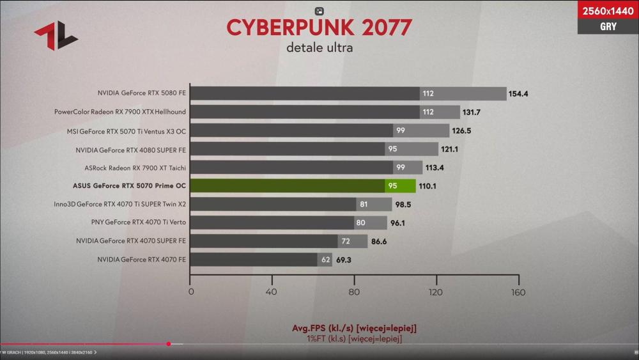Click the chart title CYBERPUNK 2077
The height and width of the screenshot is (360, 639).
pyautogui.click(x=319, y=27)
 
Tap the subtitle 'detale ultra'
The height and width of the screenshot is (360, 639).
pyautogui.click(x=319, y=47)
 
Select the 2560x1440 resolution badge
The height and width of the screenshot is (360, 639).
pyautogui.click(x=608, y=10)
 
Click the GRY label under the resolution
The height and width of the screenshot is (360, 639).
pyautogui.click(x=608, y=26)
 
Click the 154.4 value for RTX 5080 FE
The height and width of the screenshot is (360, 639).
pyautogui.click(x=518, y=94)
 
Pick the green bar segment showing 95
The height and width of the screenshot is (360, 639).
pyautogui.click(x=392, y=186)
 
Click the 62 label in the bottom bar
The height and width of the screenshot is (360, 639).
pyautogui.click(x=325, y=260)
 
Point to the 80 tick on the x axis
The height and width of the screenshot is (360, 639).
pyautogui.click(x=355, y=293)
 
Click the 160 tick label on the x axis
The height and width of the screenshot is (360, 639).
pyautogui.click(x=518, y=293)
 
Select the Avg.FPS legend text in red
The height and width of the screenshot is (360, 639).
pyautogui.click(x=354, y=328)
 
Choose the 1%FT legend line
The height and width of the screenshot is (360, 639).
pyautogui.click(x=354, y=338)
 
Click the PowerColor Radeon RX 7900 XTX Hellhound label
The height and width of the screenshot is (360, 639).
pyautogui.click(x=120, y=112)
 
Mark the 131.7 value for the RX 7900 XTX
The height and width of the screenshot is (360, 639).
pyautogui.click(x=472, y=113)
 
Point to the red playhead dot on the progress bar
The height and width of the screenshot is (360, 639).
pyautogui.click(x=168, y=344)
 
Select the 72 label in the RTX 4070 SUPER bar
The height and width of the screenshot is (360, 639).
pyautogui.click(x=346, y=242)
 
